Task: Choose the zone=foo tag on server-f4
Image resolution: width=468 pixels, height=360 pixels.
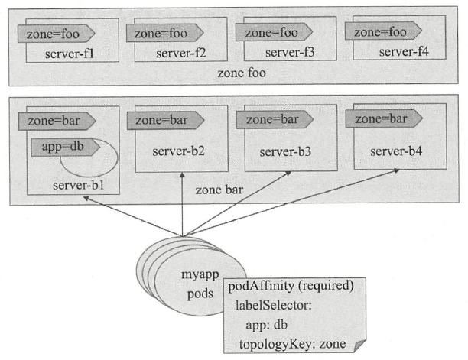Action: (x=380, y=31)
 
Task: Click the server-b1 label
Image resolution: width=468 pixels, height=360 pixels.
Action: (x=77, y=185)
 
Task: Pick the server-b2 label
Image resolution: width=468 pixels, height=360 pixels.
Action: (x=180, y=150)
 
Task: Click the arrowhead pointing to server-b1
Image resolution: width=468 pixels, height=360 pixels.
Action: (x=86, y=197)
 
